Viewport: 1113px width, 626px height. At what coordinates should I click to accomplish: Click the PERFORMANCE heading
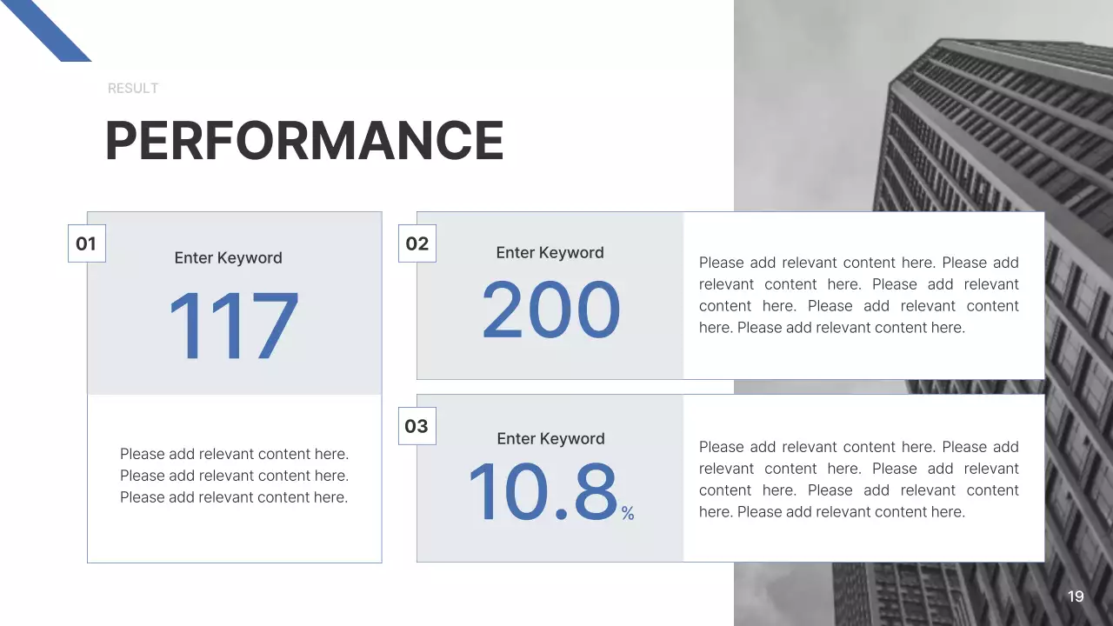click(304, 141)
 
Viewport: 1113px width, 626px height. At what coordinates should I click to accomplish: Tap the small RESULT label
click(133, 89)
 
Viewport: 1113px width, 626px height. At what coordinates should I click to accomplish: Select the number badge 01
click(86, 243)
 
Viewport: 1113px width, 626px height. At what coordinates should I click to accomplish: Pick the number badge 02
click(417, 243)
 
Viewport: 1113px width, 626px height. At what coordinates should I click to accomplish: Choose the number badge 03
click(417, 426)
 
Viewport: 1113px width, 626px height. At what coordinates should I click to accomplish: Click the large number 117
click(233, 327)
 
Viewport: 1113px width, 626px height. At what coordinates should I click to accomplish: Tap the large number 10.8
click(543, 492)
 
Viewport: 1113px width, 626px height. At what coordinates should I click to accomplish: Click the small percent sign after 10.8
click(628, 514)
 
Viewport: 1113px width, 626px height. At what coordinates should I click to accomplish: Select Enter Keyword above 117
click(228, 258)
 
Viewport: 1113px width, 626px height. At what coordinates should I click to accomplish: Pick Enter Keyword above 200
click(550, 253)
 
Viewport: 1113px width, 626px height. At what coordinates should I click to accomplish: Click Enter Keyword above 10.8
click(550, 439)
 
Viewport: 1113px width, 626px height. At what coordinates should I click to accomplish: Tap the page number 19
click(1076, 596)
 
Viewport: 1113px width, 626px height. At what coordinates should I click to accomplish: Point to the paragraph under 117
click(234, 476)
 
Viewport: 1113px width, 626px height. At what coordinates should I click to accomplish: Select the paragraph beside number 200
click(858, 295)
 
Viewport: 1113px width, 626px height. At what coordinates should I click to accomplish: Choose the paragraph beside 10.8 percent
click(858, 479)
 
